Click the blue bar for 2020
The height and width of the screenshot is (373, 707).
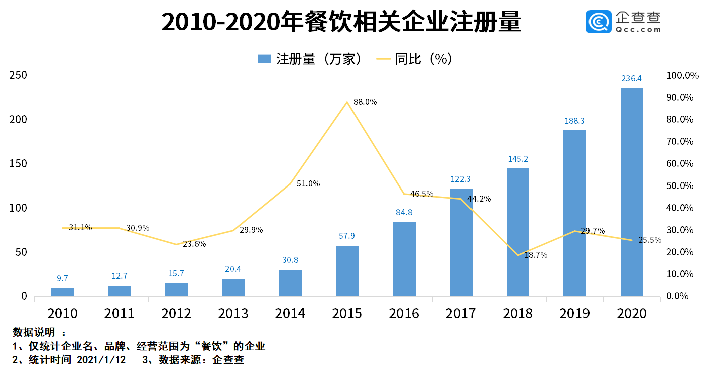coord(632,192)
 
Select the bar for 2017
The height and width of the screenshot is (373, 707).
coord(461,242)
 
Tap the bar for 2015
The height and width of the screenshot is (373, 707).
coord(347,271)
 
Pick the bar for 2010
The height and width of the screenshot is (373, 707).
coord(63,292)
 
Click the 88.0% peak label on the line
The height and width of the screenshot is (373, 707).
coord(365,102)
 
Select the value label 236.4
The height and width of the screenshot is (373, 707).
coord(632,78)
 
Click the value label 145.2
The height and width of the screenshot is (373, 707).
coord(518,159)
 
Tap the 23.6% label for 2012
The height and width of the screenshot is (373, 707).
coord(194,244)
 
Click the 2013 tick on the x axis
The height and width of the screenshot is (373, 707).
coord(233,313)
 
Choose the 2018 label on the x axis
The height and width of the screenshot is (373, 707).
coord(518,313)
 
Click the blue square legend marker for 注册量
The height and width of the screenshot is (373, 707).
coord(264,59)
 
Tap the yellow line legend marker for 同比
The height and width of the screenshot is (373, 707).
coord(383,59)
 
